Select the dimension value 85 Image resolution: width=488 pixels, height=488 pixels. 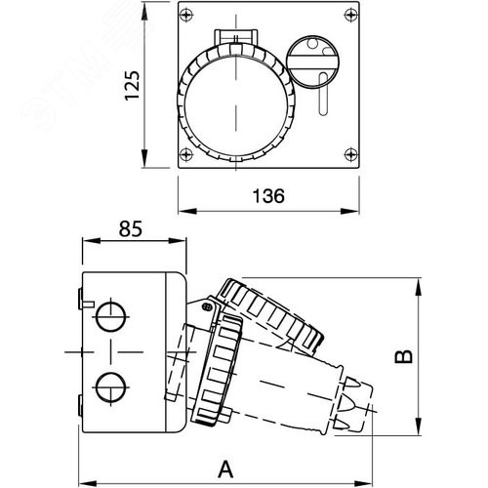(132, 229)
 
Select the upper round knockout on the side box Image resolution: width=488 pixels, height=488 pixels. (111, 316)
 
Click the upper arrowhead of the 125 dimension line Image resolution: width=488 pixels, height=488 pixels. (146, 12)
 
